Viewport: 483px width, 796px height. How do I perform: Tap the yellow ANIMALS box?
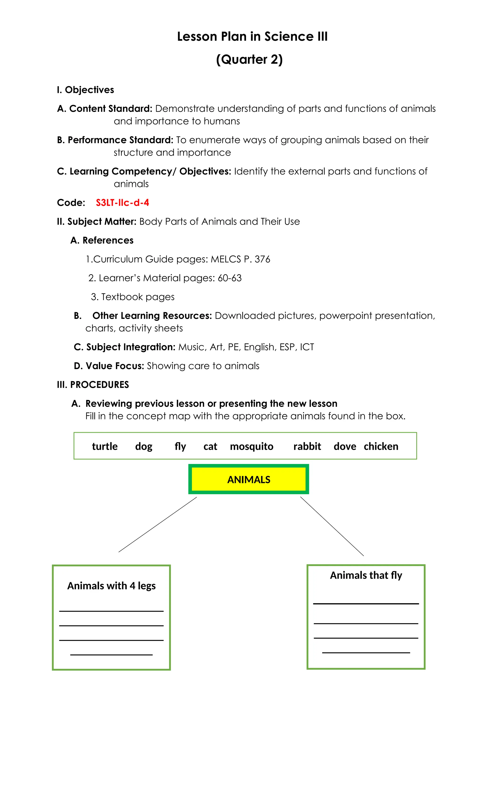coord(248,479)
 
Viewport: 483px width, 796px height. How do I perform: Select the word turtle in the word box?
coord(105,446)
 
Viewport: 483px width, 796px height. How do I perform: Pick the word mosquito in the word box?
coord(251,446)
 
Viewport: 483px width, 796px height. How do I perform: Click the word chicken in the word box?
coord(381,446)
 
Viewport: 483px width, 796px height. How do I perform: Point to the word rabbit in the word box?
coord(307,446)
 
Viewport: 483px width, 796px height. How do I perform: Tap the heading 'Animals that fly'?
coord(366,575)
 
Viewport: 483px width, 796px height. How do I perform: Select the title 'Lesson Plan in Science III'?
coord(252,37)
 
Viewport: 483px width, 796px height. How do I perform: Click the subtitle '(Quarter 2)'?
coord(249,59)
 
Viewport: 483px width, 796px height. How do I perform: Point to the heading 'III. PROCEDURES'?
coord(93,384)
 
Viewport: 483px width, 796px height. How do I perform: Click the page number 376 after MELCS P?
coord(262,259)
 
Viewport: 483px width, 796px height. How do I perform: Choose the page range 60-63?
coord(229,278)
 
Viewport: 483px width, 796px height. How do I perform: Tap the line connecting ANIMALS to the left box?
coord(158,525)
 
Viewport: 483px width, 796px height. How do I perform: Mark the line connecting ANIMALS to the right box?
coord(332,526)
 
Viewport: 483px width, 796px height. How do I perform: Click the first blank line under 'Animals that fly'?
coord(366,603)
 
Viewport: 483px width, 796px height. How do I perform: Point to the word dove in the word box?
coord(345,446)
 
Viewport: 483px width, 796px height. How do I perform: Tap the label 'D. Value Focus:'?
coord(109,366)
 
